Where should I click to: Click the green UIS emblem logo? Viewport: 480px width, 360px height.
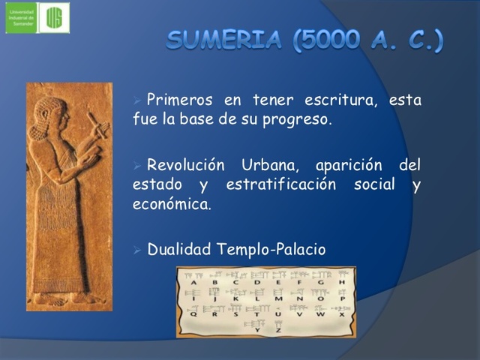click(54, 17)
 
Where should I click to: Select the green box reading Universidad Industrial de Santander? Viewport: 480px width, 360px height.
click(21, 17)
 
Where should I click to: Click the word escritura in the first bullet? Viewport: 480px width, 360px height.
click(341, 100)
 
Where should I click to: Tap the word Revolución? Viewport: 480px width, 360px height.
click(186, 165)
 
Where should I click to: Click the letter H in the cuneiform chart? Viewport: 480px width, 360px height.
click(341, 282)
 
